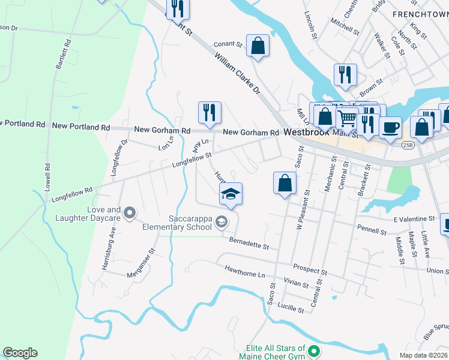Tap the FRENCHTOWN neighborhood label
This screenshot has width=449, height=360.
420,13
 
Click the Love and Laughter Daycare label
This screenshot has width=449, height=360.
88,214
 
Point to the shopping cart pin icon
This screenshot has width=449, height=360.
346,117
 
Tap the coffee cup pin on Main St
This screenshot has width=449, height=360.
391,127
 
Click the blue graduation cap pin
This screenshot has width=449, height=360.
231,194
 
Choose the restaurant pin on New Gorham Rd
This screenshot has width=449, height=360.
209,112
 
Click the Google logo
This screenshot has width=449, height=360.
20,353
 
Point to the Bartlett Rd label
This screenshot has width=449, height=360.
61,55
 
